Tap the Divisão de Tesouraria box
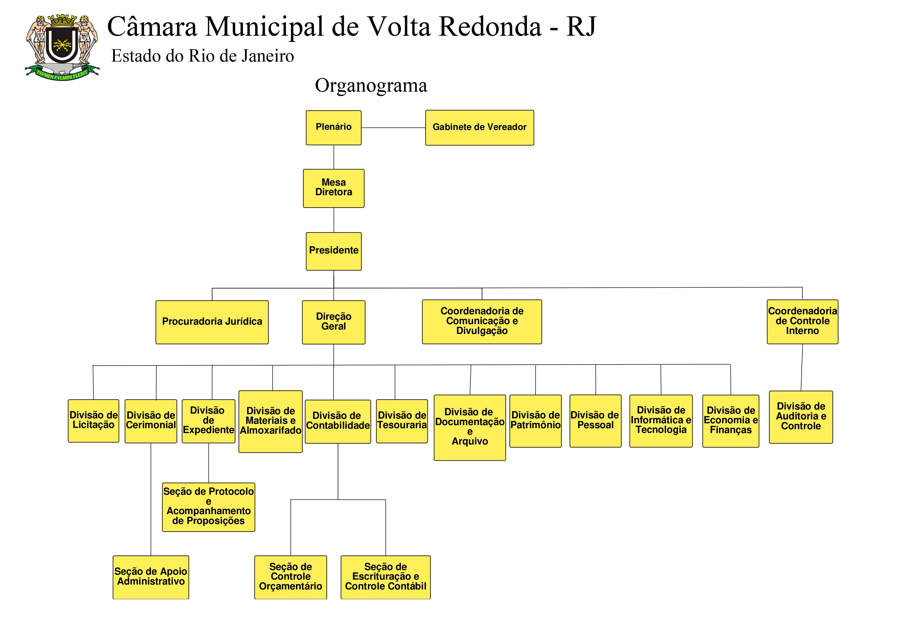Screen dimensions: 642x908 (x=402, y=421)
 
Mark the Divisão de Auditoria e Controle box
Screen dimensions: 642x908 (x=801, y=417)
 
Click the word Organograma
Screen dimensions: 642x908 (x=371, y=85)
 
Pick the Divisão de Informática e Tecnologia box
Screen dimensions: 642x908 (x=661, y=421)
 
